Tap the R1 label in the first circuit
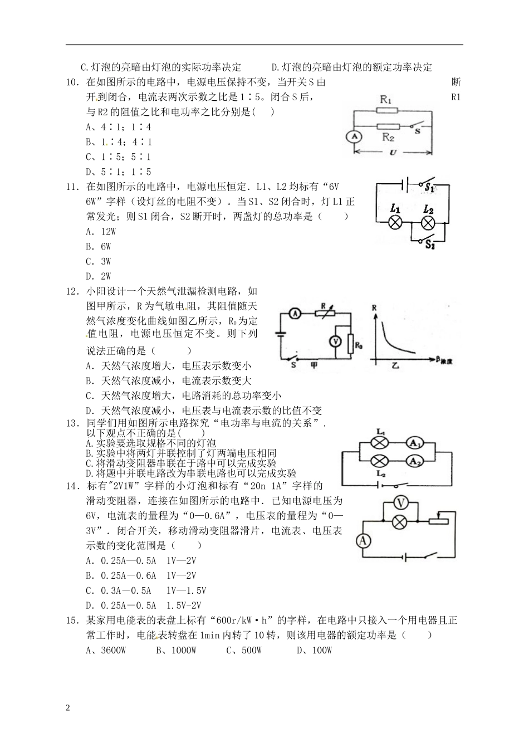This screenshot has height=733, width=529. [x=386, y=99]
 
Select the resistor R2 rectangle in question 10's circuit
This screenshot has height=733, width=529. [x=388, y=127]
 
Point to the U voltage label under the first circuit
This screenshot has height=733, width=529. [x=393, y=153]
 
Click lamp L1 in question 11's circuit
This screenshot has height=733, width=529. [x=395, y=222]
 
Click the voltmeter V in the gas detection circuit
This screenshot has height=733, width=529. [x=335, y=342]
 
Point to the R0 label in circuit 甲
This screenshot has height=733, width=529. [x=359, y=346]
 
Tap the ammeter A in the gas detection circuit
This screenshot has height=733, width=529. [x=296, y=314]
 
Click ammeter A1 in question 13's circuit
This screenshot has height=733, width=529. [x=414, y=443]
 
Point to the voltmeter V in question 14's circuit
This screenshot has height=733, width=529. [x=399, y=502]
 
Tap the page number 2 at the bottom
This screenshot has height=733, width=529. [x=68, y=708]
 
